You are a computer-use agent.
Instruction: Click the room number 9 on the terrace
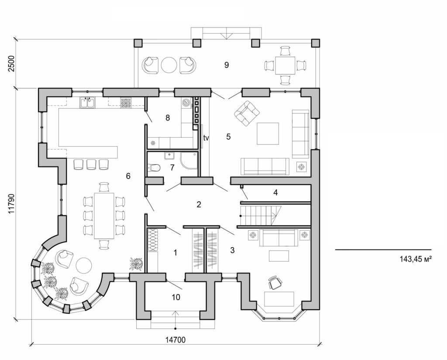[x=226, y=65]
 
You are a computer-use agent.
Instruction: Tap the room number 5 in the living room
[x=228, y=136]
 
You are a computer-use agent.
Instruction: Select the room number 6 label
[x=128, y=176]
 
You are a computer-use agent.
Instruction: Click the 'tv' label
[x=206, y=138]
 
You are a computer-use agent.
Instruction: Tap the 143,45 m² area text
[x=415, y=259]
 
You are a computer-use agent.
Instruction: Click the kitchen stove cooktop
[x=126, y=103]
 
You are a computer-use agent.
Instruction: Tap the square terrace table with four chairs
[x=285, y=66]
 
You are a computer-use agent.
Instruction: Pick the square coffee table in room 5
[x=268, y=134]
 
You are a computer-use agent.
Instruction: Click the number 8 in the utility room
[x=167, y=118]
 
